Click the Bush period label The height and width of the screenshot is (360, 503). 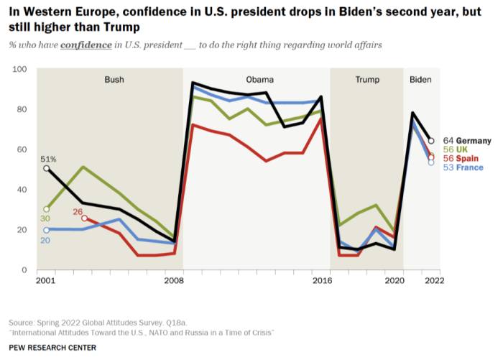(114, 80)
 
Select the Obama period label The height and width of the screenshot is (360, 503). (259, 80)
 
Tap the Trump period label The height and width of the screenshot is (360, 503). (367, 80)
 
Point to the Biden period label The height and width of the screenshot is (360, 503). (420, 80)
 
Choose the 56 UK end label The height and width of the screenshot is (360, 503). (457, 149)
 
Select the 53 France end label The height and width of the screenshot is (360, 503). (463, 167)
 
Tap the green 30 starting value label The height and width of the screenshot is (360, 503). (45, 218)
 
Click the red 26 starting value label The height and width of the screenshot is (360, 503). (78, 211)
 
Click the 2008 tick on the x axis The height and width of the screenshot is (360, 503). (173, 281)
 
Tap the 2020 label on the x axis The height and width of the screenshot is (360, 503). (394, 281)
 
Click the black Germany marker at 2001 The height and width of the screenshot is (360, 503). (47, 168)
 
